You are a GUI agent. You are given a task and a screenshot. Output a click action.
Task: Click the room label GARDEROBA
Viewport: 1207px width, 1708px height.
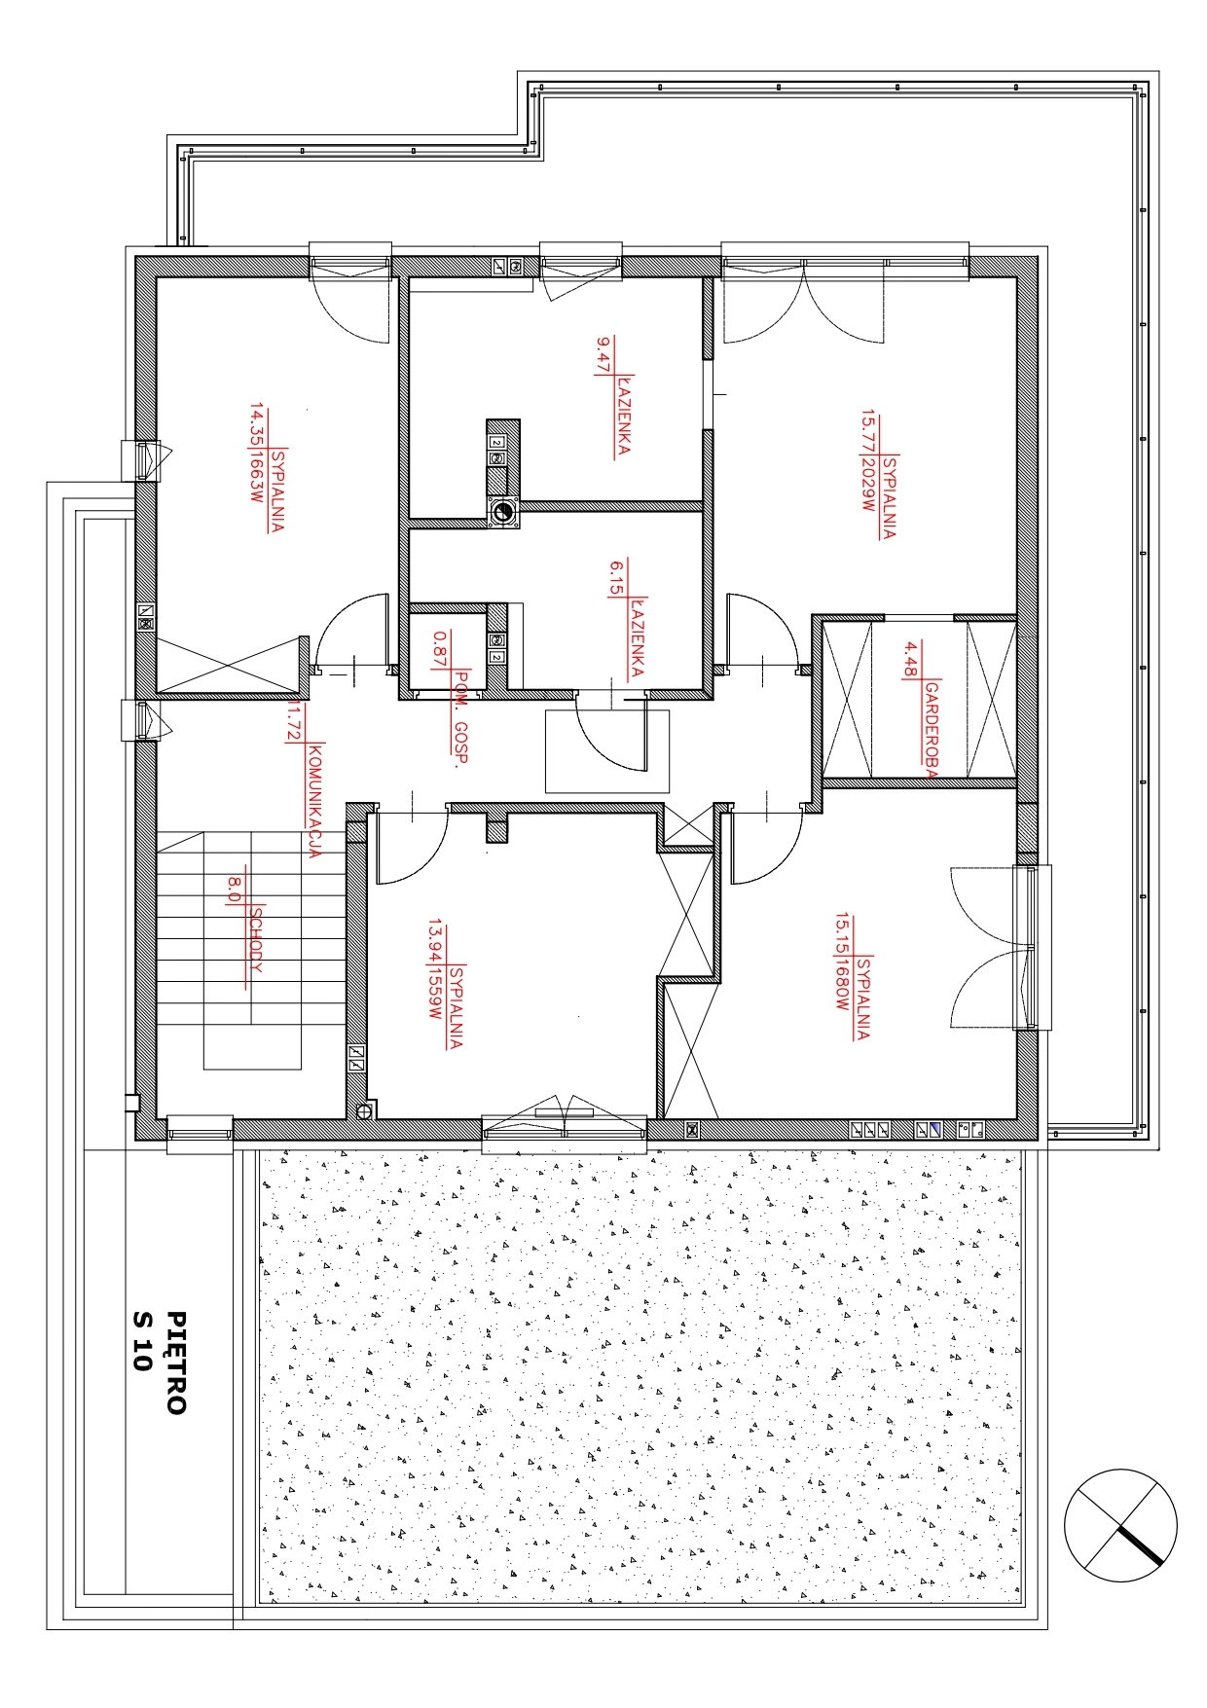(932, 730)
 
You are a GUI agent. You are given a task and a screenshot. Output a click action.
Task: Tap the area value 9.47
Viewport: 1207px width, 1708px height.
(603, 355)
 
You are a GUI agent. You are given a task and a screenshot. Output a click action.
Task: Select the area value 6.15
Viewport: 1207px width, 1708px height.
(616, 577)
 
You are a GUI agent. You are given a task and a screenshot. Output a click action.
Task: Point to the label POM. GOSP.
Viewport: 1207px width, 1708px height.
(461, 718)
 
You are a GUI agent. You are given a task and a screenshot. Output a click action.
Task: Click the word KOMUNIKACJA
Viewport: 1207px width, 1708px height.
(313, 800)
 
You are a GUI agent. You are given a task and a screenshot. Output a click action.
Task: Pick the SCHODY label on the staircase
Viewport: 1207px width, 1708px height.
(256, 939)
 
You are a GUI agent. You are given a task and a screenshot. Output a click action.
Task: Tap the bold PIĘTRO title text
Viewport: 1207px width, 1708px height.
(176, 1362)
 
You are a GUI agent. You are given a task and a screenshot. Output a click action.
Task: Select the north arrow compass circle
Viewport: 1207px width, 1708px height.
(1120, 1525)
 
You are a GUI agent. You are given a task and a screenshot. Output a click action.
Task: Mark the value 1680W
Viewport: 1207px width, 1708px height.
(842, 985)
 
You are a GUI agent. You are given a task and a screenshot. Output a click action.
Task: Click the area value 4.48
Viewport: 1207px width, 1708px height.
(911, 659)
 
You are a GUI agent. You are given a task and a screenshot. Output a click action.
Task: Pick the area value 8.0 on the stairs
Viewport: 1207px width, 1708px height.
(235, 888)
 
